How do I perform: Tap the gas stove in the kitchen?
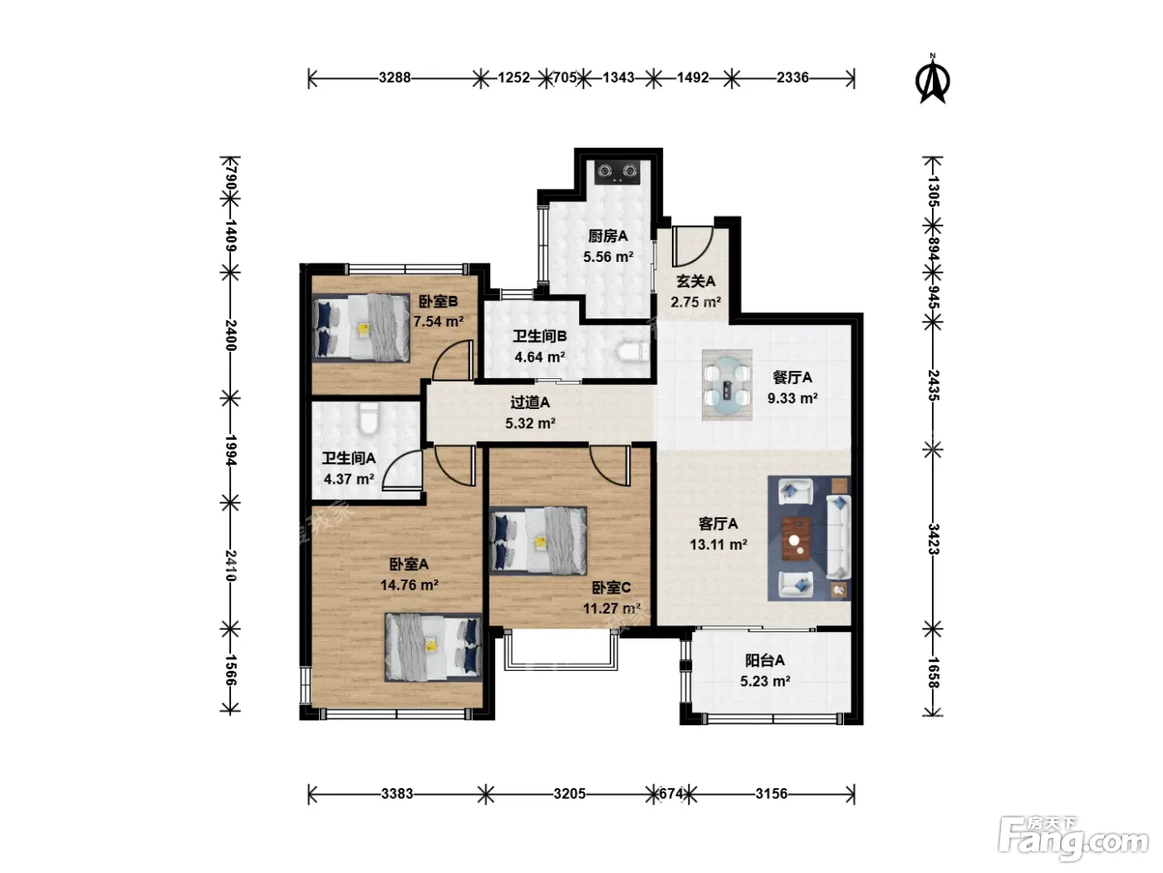click(x=617, y=172)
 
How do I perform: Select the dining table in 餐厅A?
click(x=726, y=384)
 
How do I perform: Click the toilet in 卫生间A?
click(x=367, y=419)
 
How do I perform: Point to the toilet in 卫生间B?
click(x=633, y=352)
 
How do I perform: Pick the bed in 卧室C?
click(x=538, y=540)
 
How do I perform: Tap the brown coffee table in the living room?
click(x=796, y=539)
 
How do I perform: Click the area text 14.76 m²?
click(x=409, y=584)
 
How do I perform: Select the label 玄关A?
click(x=695, y=281)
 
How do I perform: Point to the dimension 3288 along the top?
click(x=395, y=78)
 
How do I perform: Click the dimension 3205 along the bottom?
click(x=570, y=793)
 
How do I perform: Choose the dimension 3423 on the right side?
click(x=933, y=539)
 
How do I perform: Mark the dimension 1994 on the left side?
click(x=230, y=450)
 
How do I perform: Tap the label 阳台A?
click(x=764, y=660)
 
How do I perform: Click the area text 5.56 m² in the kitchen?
click(x=608, y=257)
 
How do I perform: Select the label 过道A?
click(x=530, y=403)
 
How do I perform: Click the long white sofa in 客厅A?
click(x=838, y=537)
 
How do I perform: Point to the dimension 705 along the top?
click(x=565, y=78)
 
